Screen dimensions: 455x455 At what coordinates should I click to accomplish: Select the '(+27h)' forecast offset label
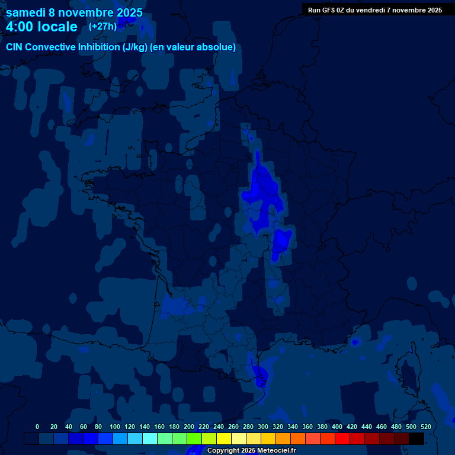click(x=102, y=26)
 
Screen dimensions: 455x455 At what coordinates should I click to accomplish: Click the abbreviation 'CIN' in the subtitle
click(x=15, y=47)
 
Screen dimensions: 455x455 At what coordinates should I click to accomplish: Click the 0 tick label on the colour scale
click(x=37, y=427)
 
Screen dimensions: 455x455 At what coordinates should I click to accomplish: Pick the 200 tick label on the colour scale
click(x=188, y=427)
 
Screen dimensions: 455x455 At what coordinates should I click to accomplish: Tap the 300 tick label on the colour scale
click(x=262, y=427)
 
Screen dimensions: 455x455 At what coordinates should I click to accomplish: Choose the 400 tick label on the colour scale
click(x=337, y=427)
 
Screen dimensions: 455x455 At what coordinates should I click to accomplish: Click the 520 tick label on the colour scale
click(x=425, y=427)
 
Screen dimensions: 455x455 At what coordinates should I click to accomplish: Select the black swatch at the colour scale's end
click(x=416, y=438)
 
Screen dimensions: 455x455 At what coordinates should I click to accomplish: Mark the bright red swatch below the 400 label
click(x=342, y=438)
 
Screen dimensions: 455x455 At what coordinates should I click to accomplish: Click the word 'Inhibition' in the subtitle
click(x=99, y=47)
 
